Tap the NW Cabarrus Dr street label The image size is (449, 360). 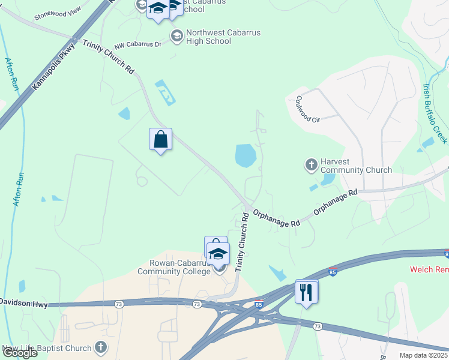(x=138, y=44)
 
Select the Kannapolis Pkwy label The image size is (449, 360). (x=53, y=66)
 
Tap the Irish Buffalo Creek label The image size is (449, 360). (x=435, y=113)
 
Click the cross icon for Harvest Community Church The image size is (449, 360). (x=311, y=164)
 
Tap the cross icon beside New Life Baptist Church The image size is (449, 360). (x=101, y=347)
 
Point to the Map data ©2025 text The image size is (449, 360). (x=424, y=355)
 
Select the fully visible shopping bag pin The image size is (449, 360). (x=160, y=140)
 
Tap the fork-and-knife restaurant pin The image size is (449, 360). (x=307, y=292)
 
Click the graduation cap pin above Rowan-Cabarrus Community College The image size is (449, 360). (x=218, y=254)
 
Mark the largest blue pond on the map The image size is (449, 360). (x=246, y=155)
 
